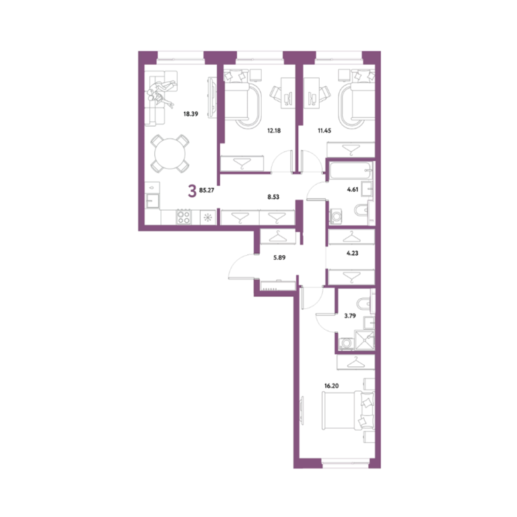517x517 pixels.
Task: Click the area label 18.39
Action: [x=191, y=114]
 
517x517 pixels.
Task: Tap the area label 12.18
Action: [x=274, y=131]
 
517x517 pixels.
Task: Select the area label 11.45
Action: [x=324, y=131]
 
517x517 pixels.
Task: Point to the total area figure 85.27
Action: [x=207, y=191]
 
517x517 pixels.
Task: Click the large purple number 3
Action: [x=192, y=191]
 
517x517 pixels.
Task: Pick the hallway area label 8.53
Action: [x=273, y=197]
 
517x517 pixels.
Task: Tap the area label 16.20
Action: [x=331, y=386]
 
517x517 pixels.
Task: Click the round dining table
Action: [x=170, y=153]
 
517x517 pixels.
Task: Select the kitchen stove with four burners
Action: [x=184, y=217]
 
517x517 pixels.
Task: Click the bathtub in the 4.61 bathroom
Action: [x=351, y=170]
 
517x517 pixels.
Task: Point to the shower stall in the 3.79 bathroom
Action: [x=364, y=339]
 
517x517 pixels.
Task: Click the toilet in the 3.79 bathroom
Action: [x=366, y=303]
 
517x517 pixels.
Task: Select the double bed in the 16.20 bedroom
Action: [x=348, y=411]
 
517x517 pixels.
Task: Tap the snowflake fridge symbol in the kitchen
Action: [x=208, y=217]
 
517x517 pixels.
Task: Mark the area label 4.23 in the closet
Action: [x=352, y=253]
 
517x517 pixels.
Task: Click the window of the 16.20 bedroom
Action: [x=345, y=464]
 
